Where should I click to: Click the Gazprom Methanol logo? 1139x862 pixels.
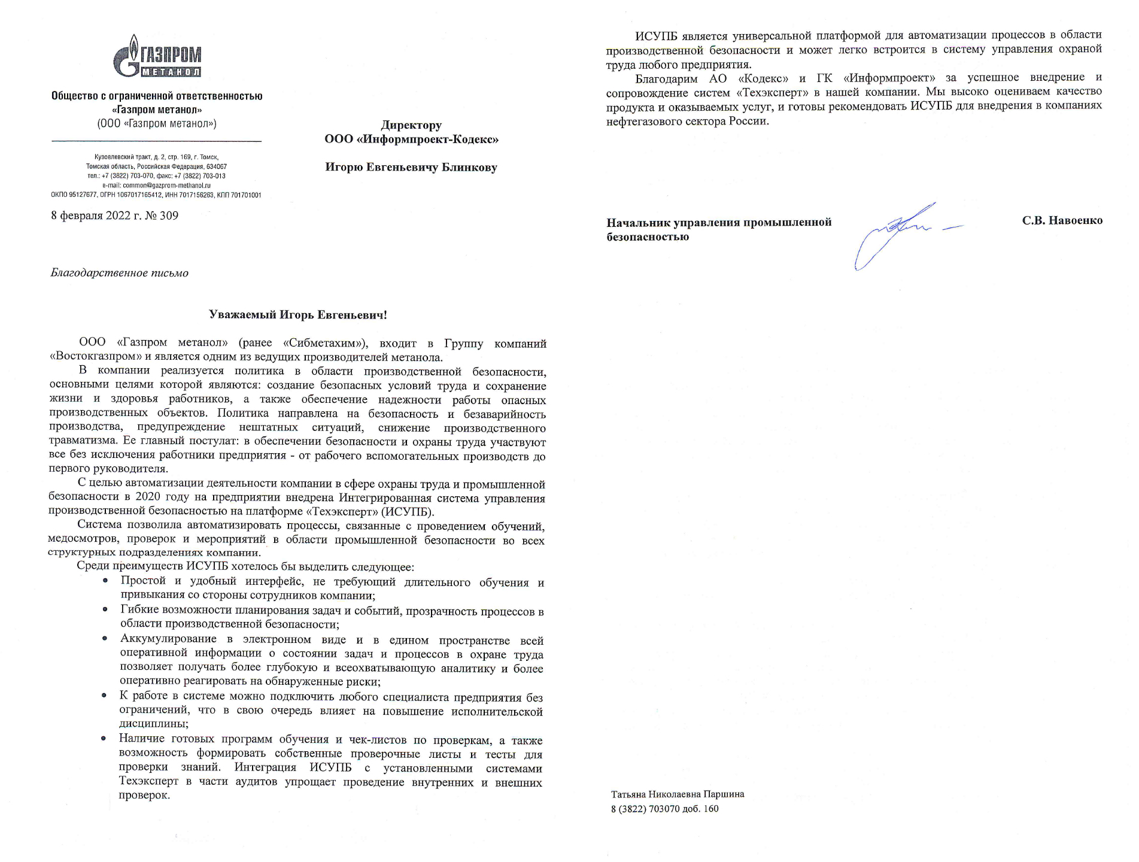click(157, 57)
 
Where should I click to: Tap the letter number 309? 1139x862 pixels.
click(169, 216)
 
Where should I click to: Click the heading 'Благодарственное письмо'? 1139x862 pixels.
click(120, 274)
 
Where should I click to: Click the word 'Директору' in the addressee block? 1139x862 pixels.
click(411, 126)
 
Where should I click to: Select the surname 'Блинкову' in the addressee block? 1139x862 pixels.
click(469, 168)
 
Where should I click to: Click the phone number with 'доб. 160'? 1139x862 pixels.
click(664, 809)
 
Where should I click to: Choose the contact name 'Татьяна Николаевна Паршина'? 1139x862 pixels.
click(678, 794)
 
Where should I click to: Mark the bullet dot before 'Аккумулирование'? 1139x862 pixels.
click(105, 639)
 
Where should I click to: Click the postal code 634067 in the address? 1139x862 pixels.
click(217, 166)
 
